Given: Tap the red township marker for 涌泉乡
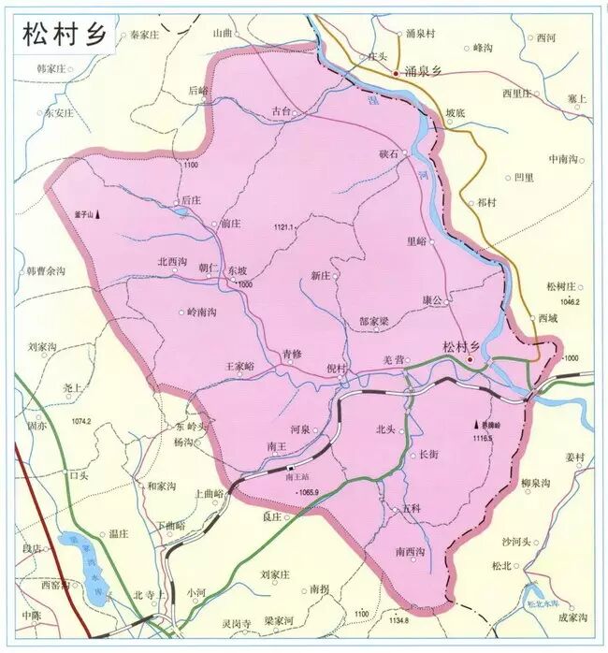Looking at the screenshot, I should click(x=396, y=71).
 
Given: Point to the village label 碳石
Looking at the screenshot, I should click(x=388, y=152).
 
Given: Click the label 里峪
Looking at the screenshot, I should click(x=416, y=240).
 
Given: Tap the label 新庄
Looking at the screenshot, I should click(x=320, y=275).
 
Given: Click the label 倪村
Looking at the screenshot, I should click(x=336, y=368).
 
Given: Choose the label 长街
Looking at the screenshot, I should click(x=429, y=455).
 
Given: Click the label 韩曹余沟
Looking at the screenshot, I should click(x=46, y=271).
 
